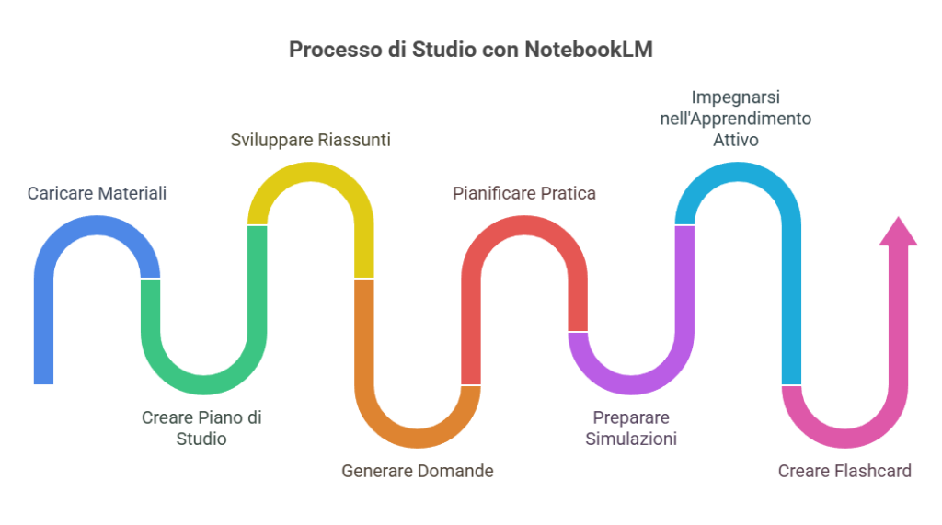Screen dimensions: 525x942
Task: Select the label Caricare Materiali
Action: pyautogui.click(x=98, y=193)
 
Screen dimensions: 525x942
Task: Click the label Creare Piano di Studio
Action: pyautogui.click(x=201, y=428)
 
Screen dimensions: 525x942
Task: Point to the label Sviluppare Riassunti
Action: pyautogui.click(x=310, y=141)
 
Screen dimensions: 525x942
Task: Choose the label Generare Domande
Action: pyautogui.click(x=418, y=471)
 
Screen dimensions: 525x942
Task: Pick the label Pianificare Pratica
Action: pyautogui.click(x=524, y=193)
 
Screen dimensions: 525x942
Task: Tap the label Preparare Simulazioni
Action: pyautogui.click(x=631, y=428)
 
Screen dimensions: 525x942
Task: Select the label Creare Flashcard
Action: pyautogui.click(x=844, y=471)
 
